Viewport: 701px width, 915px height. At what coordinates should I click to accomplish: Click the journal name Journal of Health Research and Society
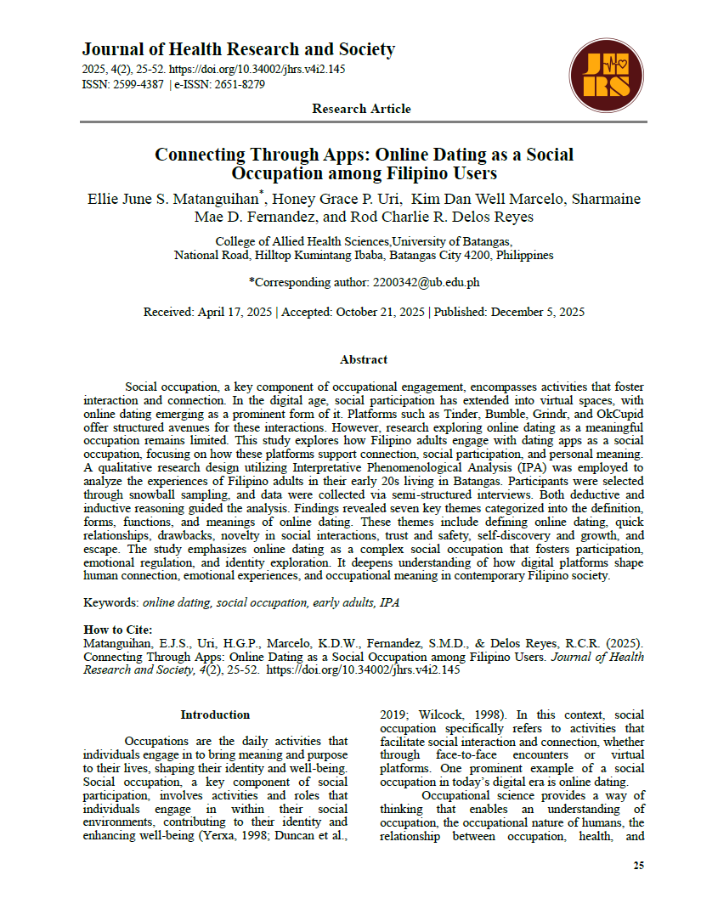tap(238, 49)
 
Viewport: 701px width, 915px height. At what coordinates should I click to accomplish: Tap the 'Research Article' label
tap(361, 109)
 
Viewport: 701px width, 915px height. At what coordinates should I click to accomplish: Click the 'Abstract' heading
tap(363, 359)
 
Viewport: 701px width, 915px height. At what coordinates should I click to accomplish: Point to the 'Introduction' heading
tap(215, 714)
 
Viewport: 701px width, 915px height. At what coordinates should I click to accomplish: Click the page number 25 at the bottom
tap(638, 866)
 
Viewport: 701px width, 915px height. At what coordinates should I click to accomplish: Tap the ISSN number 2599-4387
tap(139, 84)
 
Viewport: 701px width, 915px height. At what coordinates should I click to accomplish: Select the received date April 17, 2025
tap(233, 312)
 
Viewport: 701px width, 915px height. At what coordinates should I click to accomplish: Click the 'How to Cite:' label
tap(117, 630)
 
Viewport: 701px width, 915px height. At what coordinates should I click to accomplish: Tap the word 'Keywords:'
tap(110, 602)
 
